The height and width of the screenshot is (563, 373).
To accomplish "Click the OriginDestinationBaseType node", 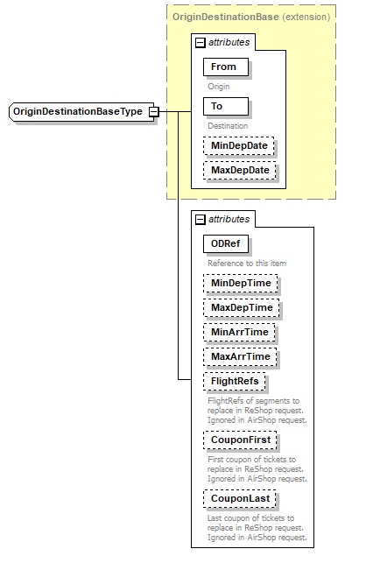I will [77, 112].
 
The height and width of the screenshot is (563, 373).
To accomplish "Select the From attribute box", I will [224, 67].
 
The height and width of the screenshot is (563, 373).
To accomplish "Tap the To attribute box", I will [224, 106].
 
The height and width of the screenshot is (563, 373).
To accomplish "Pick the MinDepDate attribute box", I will [238, 145].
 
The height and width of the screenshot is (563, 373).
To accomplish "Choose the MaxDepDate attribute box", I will [239, 170].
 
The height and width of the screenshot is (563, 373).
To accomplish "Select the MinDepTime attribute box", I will [240, 283].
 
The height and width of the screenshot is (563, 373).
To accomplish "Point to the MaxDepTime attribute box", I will [241, 307].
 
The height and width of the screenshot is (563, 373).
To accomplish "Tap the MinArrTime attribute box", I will [239, 332].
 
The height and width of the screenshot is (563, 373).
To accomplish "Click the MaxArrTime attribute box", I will [240, 356].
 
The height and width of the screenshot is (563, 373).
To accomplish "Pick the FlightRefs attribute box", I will [234, 381].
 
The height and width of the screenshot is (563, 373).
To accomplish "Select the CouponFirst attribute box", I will [239, 440].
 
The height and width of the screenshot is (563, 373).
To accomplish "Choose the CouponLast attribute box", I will [239, 498].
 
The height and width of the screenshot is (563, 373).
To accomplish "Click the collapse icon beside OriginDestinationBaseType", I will [153, 112].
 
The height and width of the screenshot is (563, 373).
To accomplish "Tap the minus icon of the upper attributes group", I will [200, 42].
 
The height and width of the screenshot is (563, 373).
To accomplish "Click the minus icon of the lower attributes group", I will [200, 219].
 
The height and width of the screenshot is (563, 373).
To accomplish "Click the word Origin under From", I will [219, 87].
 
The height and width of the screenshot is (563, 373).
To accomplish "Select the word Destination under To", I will [227, 126].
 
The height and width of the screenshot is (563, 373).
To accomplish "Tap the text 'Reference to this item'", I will [247, 263].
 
